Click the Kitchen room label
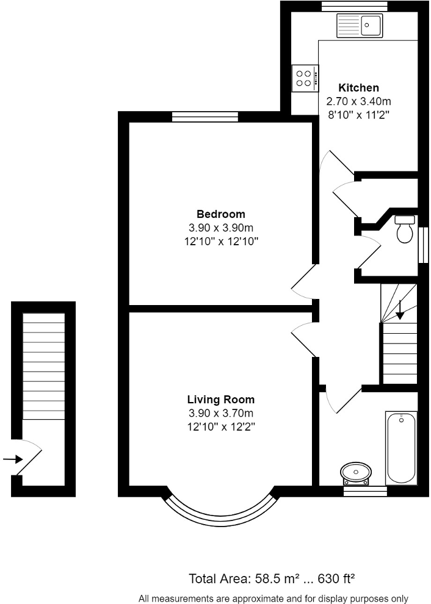[359, 88]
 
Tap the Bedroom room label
[220, 214]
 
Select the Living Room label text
[220, 400]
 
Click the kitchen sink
[358, 26]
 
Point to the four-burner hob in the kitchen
[304, 77]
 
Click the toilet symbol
[404, 229]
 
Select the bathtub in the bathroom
[401, 447]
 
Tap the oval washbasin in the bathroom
[355, 472]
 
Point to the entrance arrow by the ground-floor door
[13, 459]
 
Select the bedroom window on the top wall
[205, 117]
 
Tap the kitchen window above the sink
[355, 6]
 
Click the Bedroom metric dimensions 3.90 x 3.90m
[220, 228]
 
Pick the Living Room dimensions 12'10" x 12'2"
[220, 427]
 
